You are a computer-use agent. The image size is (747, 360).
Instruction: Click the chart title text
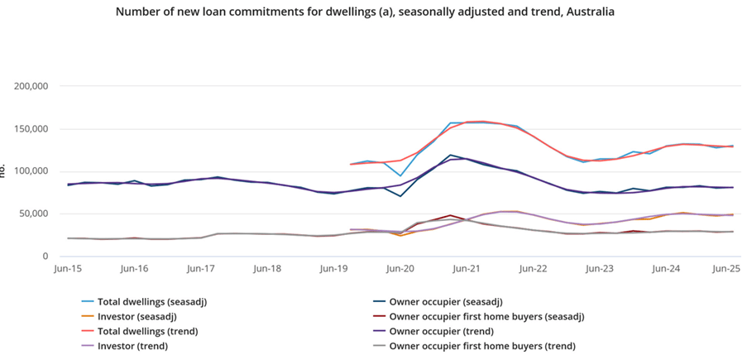365,12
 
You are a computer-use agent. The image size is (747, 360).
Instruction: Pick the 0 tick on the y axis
46,257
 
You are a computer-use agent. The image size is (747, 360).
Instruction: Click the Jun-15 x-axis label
67,269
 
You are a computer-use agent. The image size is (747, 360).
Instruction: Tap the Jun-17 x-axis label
200,269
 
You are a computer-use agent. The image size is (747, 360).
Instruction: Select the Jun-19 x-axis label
333,269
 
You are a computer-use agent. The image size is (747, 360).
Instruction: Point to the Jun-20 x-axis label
400,269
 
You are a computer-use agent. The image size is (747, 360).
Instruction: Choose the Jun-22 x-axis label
534,269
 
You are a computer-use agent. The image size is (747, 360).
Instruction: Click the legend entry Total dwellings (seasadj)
151,302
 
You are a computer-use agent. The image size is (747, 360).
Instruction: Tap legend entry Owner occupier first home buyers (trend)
481,347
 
